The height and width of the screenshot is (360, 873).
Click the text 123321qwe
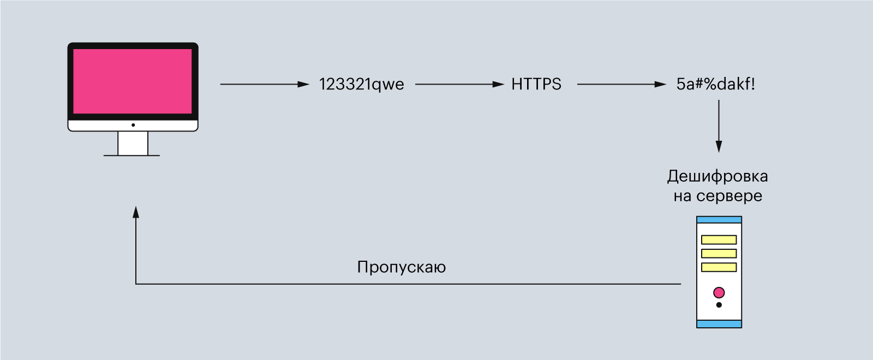click(x=362, y=85)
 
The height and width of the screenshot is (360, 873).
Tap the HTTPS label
click(x=536, y=84)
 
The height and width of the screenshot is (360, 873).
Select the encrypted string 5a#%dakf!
click(x=715, y=84)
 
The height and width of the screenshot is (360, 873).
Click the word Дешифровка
click(x=717, y=177)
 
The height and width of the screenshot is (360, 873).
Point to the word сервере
click(x=729, y=196)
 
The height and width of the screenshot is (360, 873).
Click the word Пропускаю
click(x=402, y=268)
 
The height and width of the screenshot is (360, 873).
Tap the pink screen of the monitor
click(x=133, y=81)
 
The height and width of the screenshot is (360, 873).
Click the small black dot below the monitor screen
click(x=133, y=125)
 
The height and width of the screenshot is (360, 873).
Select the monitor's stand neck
click(x=133, y=143)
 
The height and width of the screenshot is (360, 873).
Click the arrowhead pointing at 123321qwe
click(x=303, y=84)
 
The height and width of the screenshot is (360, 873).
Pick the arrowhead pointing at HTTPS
click(x=499, y=84)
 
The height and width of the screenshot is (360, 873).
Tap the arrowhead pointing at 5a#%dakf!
click(x=661, y=84)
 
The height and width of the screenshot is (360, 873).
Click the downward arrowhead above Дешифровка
click(x=719, y=147)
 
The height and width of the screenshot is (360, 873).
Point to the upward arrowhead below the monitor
click(x=136, y=212)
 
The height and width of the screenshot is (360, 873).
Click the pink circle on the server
click(x=719, y=292)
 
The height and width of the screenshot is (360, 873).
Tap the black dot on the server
click(x=719, y=305)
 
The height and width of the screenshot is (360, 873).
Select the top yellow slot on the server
click(x=719, y=239)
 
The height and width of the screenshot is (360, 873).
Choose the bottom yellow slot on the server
click(x=719, y=267)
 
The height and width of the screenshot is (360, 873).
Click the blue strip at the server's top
click(x=719, y=220)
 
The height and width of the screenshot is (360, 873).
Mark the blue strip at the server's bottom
click(x=719, y=324)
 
